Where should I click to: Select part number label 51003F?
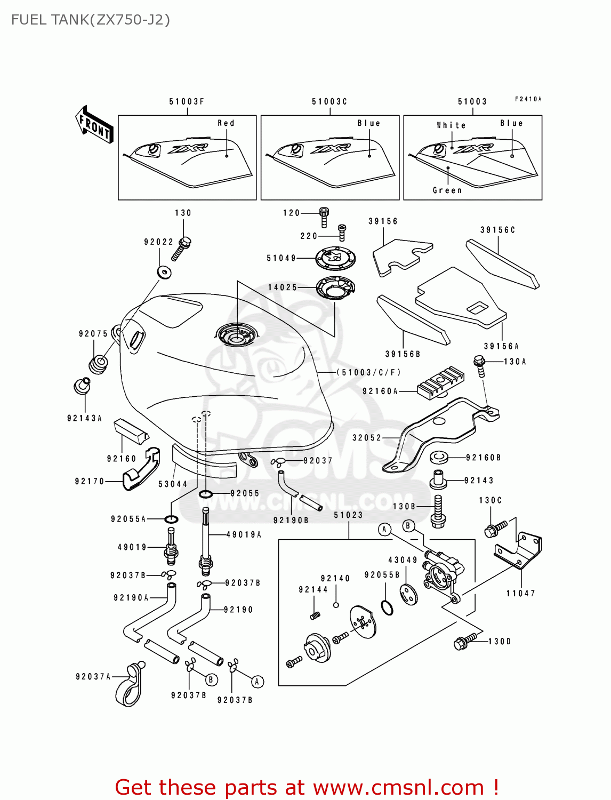(x=187, y=101)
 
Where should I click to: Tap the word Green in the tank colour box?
(x=447, y=190)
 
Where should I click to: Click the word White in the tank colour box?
(x=451, y=125)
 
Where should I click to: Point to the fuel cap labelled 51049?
(x=335, y=259)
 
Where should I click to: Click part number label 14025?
(x=283, y=287)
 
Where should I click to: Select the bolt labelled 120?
(x=324, y=216)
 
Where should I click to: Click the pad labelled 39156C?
(x=502, y=264)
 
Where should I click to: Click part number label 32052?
(x=367, y=438)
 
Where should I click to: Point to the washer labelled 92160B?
(x=439, y=457)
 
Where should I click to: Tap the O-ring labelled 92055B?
(x=388, y=607)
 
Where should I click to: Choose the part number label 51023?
(x=348, y=515)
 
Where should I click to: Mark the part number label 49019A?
(x=244, y=534)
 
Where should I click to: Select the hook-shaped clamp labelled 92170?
(x=141, y=470)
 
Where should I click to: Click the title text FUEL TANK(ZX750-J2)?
(x=91, y=20)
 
